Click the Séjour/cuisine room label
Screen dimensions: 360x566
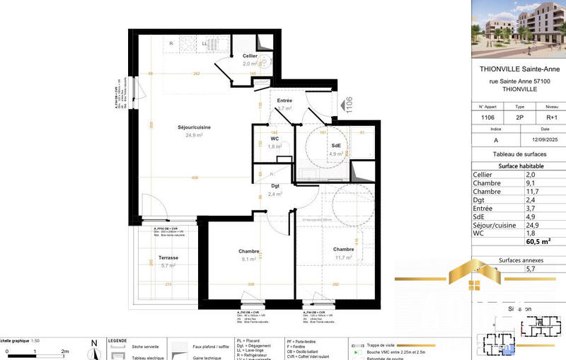[174, 127]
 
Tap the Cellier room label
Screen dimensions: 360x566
[249, 55]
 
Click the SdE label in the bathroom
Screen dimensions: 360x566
[336, 146]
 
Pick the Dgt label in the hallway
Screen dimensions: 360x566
[275, 186]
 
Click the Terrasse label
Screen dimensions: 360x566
[168, 258]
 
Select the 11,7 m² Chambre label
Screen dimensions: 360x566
[343, 249]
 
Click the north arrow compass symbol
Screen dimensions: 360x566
[93, 348]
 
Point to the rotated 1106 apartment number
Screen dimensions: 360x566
[348, 105]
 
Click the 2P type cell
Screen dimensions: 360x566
[519, 118]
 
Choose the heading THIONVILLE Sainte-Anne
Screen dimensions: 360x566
[518, 69]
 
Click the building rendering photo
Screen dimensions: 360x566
[518, 28]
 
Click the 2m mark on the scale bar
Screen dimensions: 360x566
[64, 351]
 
